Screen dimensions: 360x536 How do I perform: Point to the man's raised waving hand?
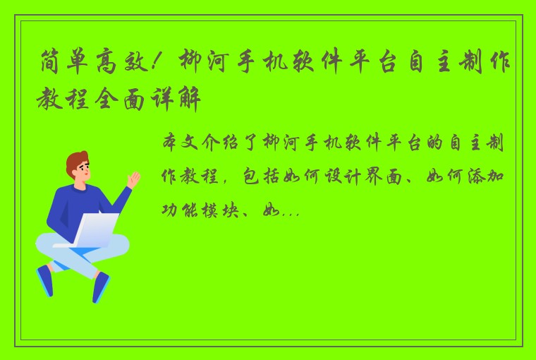[133, 179]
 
